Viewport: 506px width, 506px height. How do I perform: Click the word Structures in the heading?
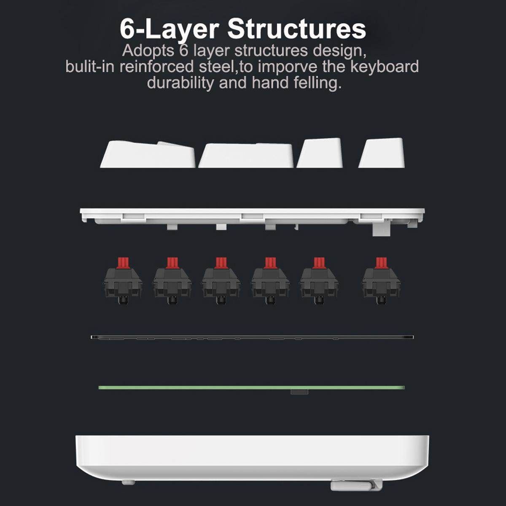tap(296, 29)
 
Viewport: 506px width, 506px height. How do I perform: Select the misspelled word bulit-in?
tap(90, 67)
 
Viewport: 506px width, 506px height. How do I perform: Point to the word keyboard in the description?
tap(385, 67)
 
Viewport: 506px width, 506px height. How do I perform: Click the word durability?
tap(180, 83)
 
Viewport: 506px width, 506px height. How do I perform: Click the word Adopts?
tap(148, 51)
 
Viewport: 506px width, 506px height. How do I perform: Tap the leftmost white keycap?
tap(148, 154)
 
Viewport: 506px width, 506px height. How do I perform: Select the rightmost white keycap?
tap(382, 153)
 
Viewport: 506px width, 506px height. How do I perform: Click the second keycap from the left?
tap(246, 155)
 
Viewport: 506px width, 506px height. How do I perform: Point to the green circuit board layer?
tap(252, 388)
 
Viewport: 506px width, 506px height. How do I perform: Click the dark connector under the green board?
tap(299, 392)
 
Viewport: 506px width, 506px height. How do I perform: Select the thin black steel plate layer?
tap(252, 337)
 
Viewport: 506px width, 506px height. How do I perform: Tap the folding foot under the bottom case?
tap(356, 485)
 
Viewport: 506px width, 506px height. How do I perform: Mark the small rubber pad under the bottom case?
tap(129, 482)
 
